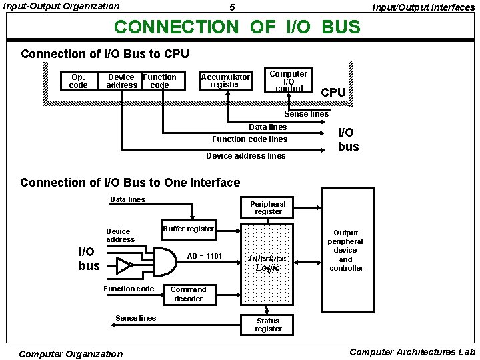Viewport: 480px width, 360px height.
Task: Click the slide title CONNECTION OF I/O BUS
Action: (x=237, y=27)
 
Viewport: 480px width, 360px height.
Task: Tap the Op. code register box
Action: (x=78, y=81)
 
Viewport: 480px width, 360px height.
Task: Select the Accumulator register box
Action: (x=225, y=81)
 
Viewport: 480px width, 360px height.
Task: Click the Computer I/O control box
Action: (x=289, y=81)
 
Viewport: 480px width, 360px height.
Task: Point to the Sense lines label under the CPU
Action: (x=307, y=114)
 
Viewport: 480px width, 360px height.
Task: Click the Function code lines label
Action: (x=249, y=139)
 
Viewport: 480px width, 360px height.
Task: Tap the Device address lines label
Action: (x=245, y=156)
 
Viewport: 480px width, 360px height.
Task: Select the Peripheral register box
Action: (x=267, y=207)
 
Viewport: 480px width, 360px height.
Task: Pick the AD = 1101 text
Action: (x=205, y=256)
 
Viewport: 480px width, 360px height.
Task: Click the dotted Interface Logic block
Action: (x=267, y=263)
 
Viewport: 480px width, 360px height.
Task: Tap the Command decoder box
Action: (x=189, y=294)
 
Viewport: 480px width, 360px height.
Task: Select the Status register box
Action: (x=268, y=325)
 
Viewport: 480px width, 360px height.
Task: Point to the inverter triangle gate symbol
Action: (x=123, y=267)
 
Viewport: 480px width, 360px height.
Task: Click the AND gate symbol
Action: (x=164, y=259)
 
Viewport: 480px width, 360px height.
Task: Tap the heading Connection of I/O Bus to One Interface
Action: (x=130, y=182)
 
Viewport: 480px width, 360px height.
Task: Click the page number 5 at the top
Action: (x=231, y=8)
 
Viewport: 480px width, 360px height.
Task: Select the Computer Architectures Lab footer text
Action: (x=412, y=352)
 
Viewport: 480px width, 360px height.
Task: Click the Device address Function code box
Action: (x=141, y=81)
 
